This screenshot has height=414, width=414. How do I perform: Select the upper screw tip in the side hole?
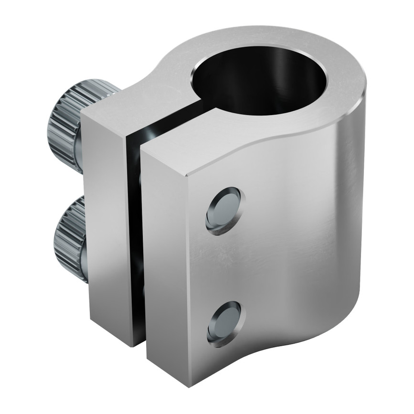coord(224,211)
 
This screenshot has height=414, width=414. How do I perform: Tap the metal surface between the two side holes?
coord(224,267)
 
